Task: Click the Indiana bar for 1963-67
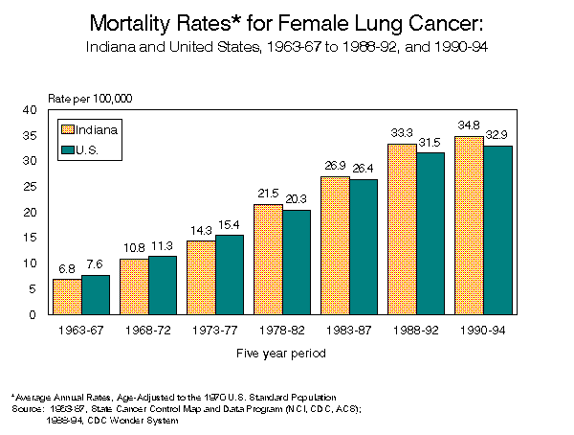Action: coord(67,297)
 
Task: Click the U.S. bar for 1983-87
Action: coord(364,247)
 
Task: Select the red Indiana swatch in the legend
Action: coord(68,129)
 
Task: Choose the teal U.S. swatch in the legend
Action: coord(68,149)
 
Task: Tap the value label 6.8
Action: coord(66,268)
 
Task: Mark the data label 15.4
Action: coord(230,224)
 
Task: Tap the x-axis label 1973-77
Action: coord(215,331)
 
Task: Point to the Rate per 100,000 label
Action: coord(90,99)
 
